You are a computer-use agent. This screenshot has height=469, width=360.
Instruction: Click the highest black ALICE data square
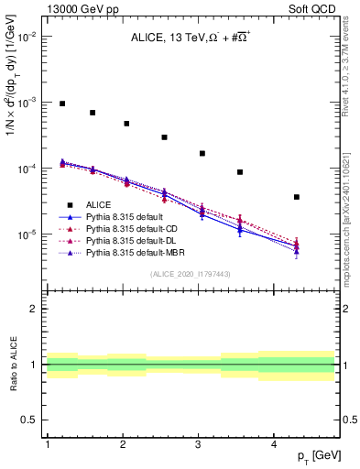tap(62, 104)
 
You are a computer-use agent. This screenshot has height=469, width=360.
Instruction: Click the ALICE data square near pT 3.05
tap(202, 153)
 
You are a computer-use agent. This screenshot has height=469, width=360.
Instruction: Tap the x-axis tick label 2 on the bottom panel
tap(123, 444)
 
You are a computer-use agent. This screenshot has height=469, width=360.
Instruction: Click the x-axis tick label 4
tap(274, 444)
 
